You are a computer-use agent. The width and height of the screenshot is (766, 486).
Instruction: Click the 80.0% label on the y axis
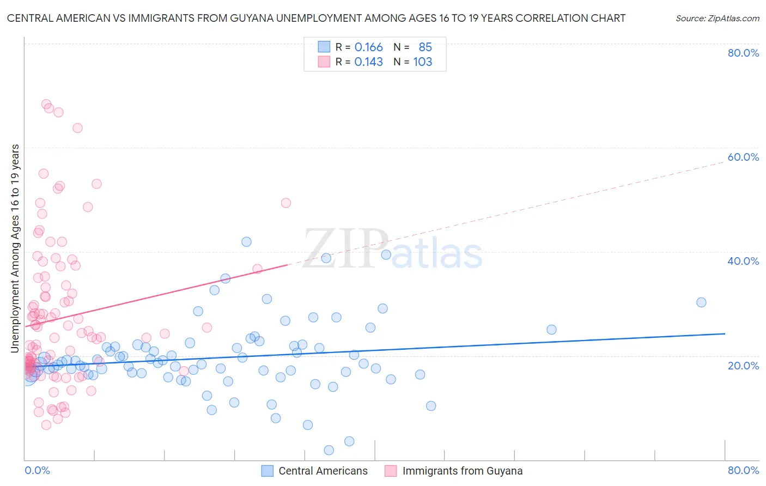[x=743, y=53]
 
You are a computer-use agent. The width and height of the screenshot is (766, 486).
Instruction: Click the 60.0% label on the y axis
[x=743, y=157]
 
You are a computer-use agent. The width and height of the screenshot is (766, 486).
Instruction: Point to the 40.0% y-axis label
[x=743, y=261]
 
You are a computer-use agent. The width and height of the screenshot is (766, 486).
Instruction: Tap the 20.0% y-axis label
[x=743, y=365]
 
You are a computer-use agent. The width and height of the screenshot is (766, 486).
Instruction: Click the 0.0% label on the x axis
[x=37, y=470]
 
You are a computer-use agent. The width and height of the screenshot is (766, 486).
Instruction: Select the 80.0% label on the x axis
[x=743, y=470]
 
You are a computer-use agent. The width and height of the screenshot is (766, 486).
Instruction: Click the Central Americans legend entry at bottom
[x=323, y=471]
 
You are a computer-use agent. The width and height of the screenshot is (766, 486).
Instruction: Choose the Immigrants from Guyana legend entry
[x=462, y=471]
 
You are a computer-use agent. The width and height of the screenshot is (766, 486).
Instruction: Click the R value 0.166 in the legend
[x=368, y=47]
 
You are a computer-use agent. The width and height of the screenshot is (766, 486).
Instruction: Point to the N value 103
[x=422, y=62]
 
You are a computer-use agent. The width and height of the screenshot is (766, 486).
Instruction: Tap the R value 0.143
[x=368, y=62]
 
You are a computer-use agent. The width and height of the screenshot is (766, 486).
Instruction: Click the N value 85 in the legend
[x=425, y=47]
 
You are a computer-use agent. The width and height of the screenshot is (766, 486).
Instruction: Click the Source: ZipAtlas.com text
[x=717, y=19]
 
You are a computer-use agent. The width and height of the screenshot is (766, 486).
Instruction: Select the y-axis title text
[x=15, y=248]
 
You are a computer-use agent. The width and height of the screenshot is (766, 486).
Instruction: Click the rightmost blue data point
[x=701, y=302]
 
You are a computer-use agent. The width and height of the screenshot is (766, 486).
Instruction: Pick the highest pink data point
[x=46, y=104]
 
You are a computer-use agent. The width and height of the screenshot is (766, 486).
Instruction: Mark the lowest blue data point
[x=329, y=450]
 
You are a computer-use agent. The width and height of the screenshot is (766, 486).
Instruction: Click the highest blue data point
[x=246, y=242]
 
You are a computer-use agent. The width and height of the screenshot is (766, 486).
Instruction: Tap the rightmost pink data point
[x=285, y=203]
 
